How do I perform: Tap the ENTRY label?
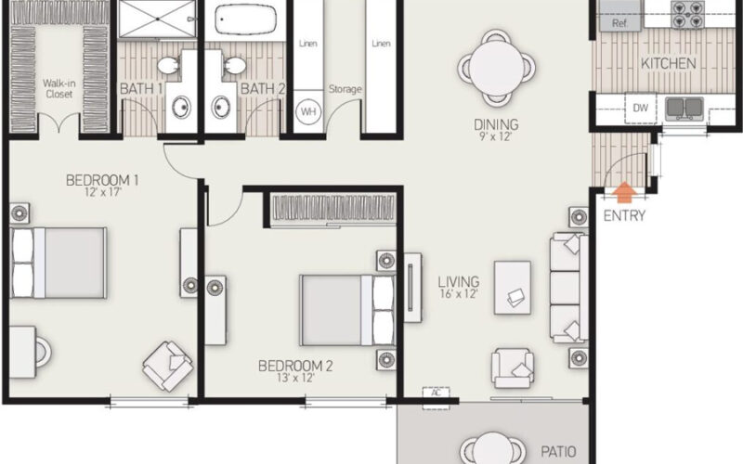624,217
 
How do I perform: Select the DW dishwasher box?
640,108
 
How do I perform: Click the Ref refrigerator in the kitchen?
620,23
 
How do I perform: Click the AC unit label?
435,393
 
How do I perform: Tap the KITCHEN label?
668,64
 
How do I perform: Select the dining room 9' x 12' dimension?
495,137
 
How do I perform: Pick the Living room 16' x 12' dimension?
459,294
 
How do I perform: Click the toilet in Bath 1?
168,65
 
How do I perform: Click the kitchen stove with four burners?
692,19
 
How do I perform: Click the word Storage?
345,89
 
